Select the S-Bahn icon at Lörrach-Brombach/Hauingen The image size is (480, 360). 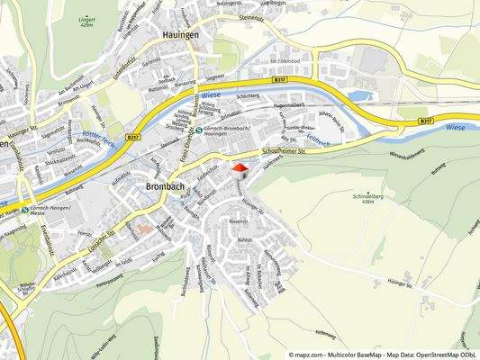point(199,130)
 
